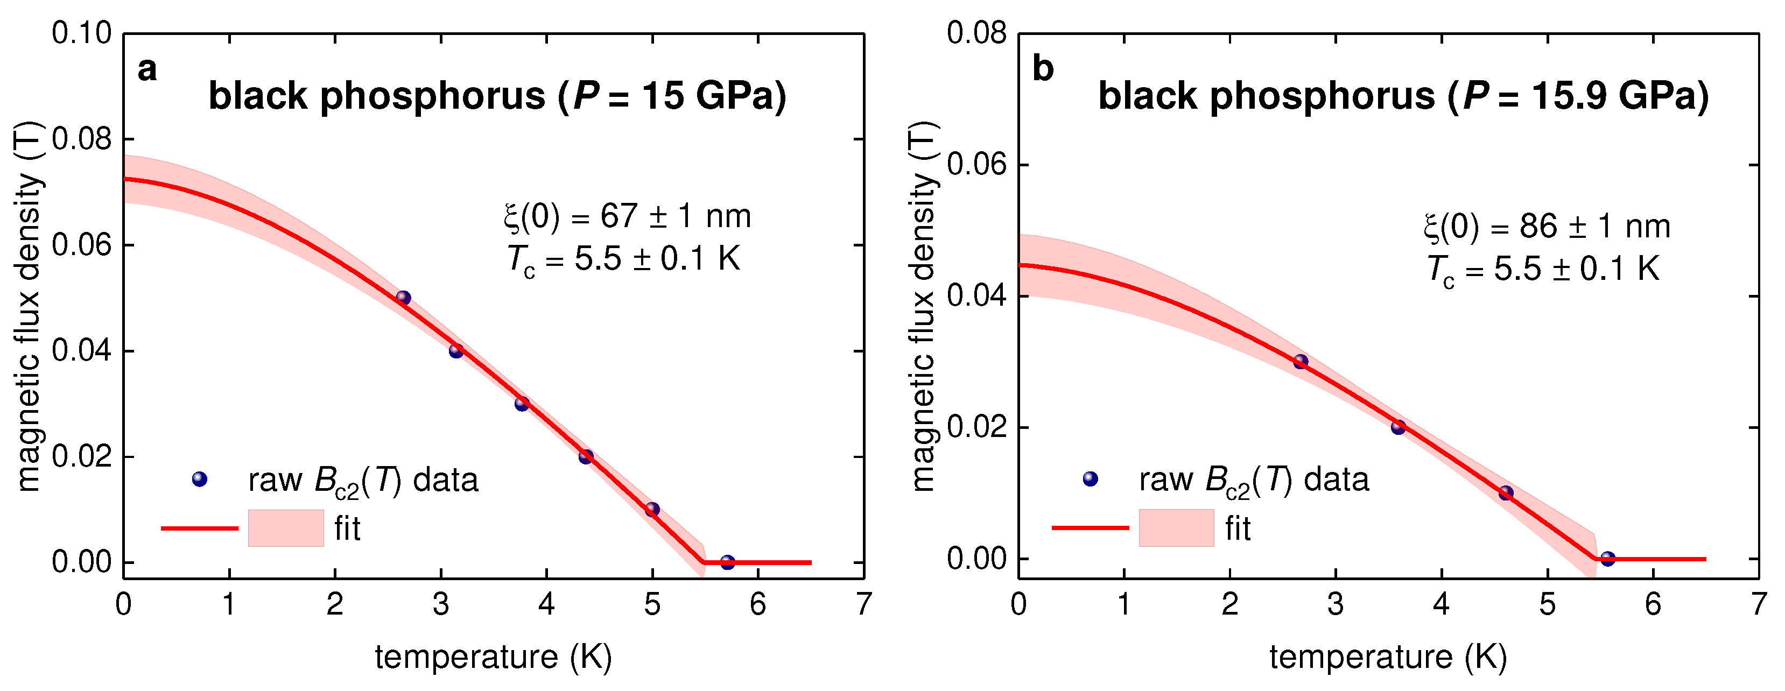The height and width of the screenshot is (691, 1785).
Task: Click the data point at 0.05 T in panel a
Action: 403,298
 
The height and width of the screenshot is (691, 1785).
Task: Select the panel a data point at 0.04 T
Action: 456,351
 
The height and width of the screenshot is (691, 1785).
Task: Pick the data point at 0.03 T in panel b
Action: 1301,362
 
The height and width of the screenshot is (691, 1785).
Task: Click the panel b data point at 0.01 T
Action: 1506,493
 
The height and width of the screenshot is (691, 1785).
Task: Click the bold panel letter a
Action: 147,69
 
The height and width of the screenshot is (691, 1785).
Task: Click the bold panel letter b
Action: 1042,69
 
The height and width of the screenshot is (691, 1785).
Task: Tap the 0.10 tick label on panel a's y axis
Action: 82,33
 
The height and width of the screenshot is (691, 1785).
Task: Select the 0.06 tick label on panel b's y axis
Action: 975,165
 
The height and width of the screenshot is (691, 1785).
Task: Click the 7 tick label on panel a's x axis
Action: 863,604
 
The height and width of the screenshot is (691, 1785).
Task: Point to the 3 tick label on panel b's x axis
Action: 1336,604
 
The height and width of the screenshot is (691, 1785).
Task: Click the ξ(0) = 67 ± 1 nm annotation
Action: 627,216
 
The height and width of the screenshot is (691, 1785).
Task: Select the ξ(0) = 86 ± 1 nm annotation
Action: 1547,227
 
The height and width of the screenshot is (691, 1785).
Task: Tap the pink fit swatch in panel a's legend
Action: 285,528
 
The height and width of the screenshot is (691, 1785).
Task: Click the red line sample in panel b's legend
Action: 1090,528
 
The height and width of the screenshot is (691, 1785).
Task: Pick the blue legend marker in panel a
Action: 200,479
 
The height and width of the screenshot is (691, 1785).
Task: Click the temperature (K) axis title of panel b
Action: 1388,657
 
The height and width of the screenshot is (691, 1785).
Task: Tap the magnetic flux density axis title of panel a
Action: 29,305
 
